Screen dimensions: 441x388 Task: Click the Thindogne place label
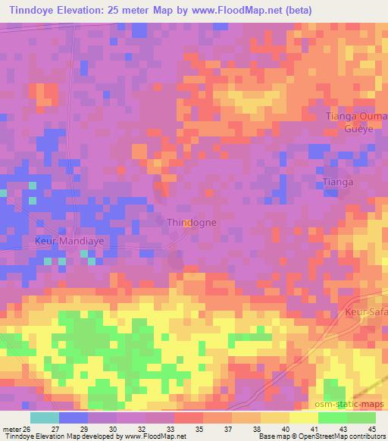coord(191,223)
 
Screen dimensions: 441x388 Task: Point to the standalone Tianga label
coord(339,183)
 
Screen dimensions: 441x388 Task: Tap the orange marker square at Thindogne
coord(186,223)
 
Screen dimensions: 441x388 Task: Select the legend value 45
coord(371,428)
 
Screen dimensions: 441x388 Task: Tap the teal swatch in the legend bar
coord(45,418)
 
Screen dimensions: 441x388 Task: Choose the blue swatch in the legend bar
coord(74,418)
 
